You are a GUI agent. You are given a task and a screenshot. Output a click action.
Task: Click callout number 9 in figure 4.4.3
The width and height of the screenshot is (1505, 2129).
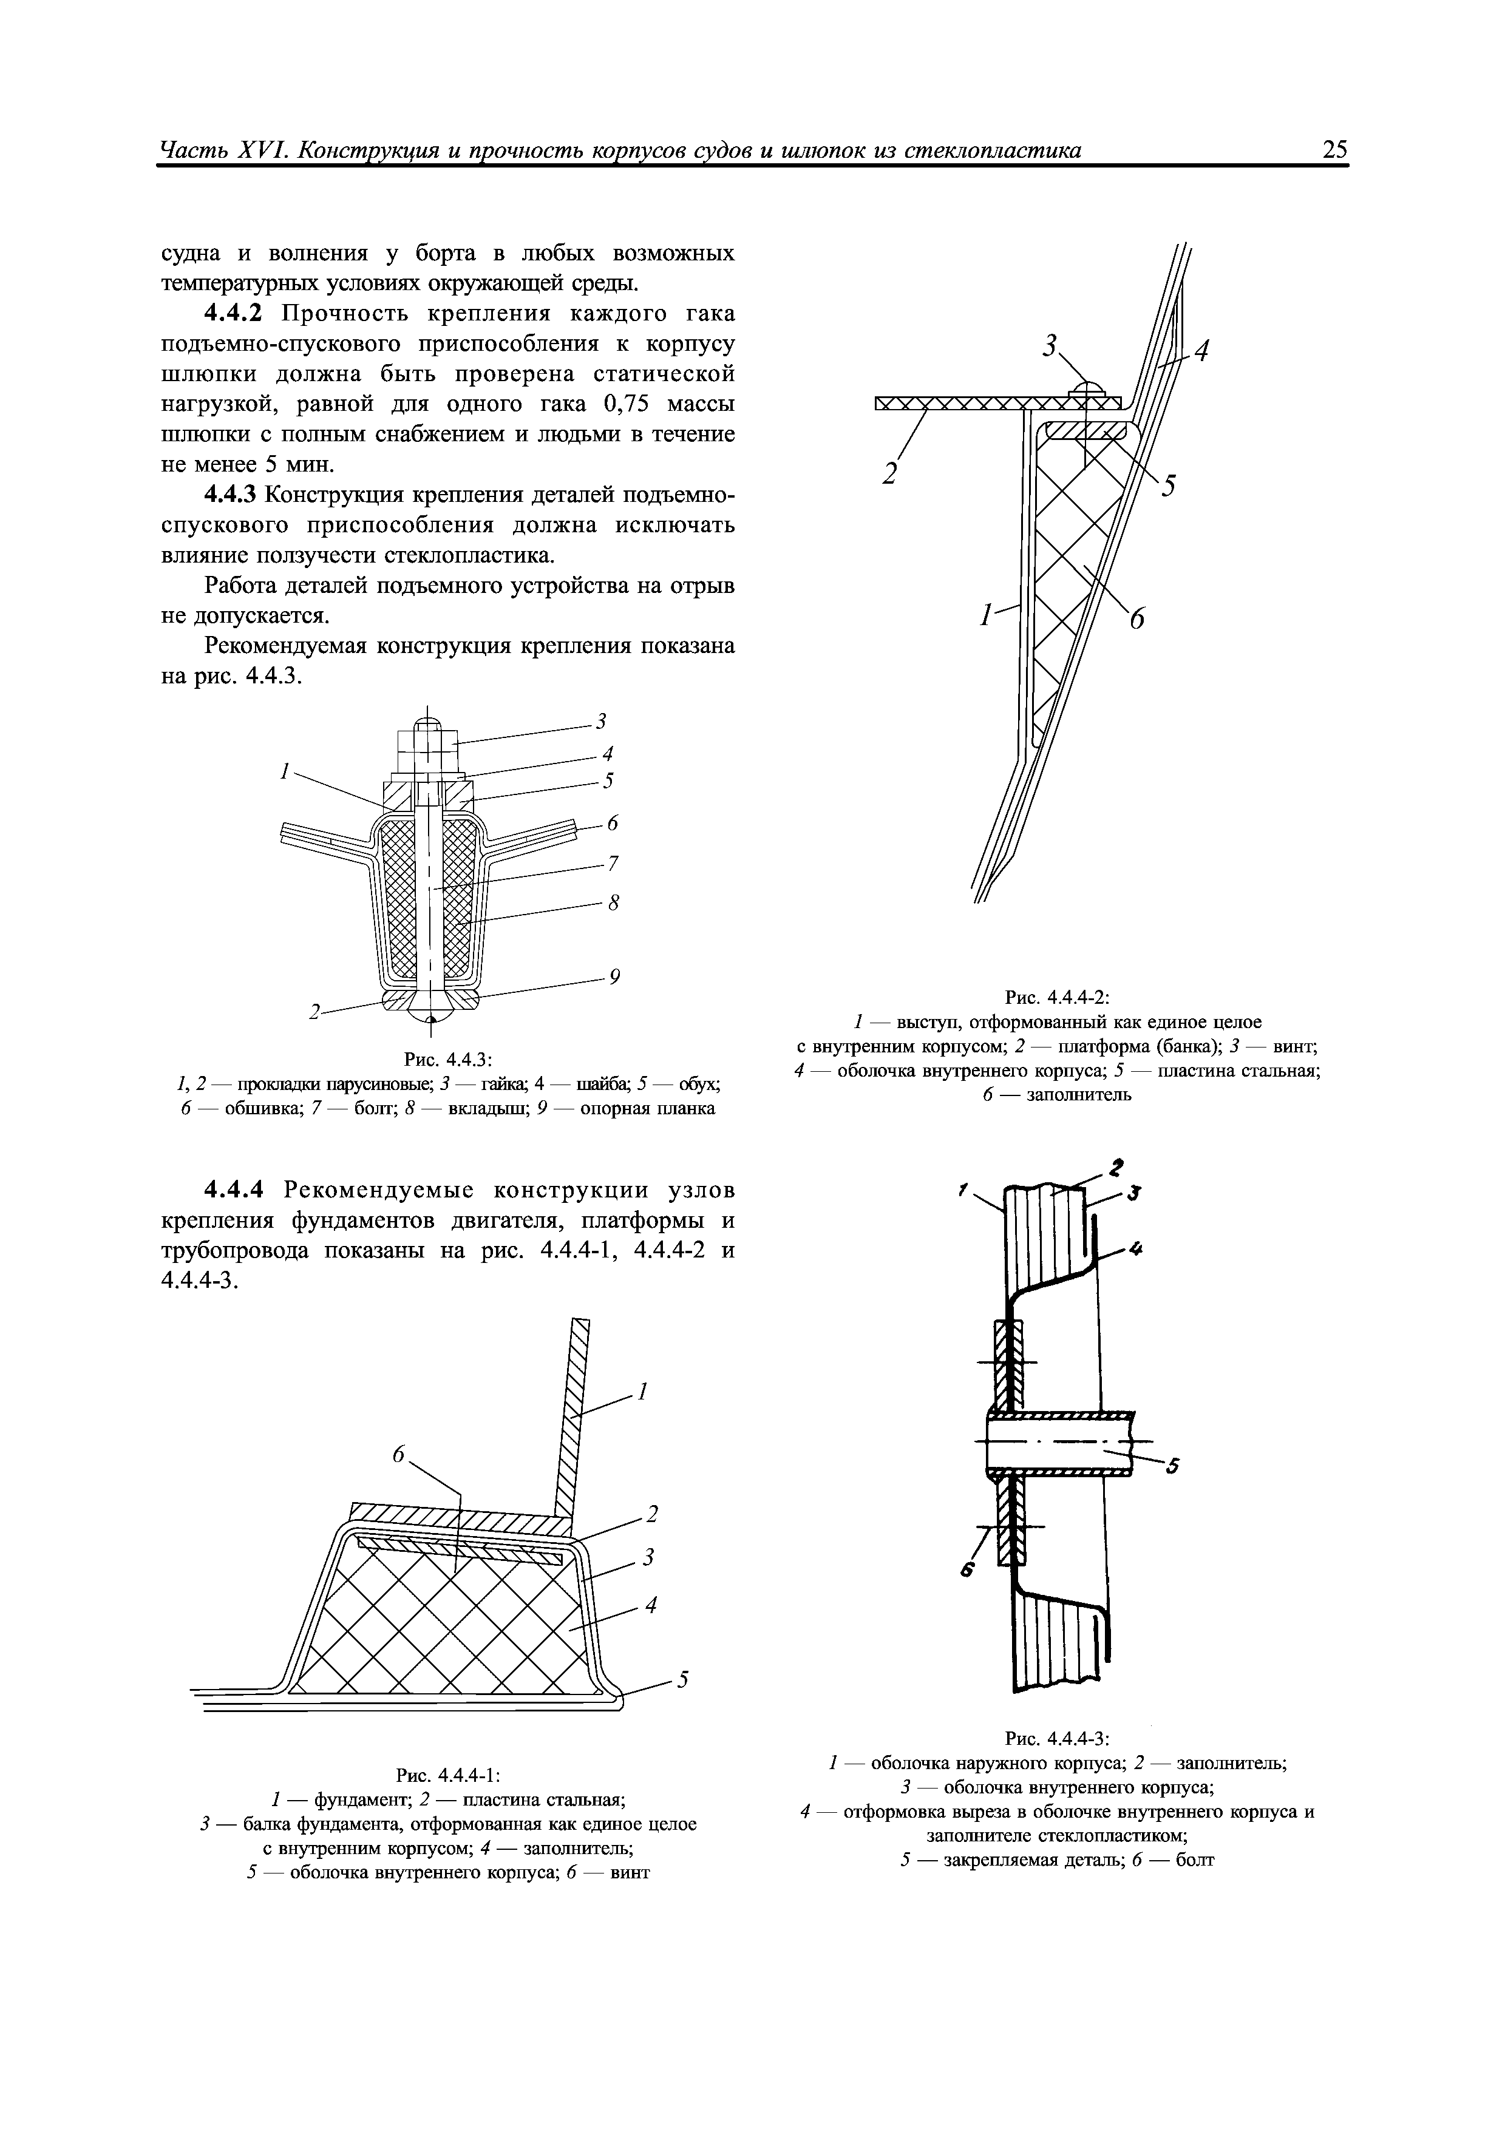(614, 976)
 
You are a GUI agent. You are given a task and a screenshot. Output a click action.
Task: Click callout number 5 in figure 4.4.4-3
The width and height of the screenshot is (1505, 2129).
(1173, 1466)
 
